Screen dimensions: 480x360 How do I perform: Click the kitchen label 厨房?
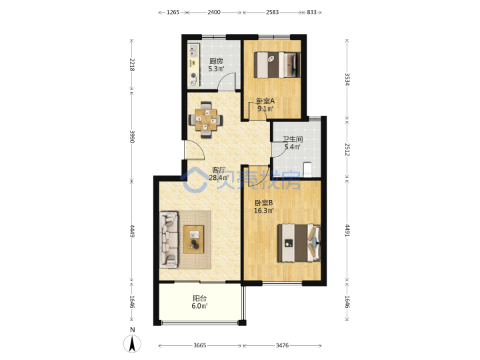216,61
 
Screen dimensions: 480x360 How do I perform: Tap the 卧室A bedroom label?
265,101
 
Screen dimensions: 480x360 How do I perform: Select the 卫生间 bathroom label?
293,139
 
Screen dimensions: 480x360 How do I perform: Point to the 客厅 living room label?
219,170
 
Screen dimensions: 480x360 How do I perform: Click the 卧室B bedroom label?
264,203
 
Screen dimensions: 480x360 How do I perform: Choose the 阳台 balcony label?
199,298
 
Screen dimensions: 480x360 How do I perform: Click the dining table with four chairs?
206,120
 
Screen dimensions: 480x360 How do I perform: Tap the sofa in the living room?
169,239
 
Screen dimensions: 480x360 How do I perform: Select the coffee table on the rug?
194,239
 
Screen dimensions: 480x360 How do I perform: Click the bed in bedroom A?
277,65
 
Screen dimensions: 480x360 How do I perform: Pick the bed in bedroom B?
299,243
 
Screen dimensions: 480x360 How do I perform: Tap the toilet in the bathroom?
307,169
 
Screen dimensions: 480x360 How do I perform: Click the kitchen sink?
193,51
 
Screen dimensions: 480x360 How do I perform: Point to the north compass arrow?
132,343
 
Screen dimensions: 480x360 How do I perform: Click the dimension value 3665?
199,345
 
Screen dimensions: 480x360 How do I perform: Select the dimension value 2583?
272,12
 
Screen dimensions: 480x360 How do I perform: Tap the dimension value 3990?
132,137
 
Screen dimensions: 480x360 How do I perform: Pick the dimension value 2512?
347,149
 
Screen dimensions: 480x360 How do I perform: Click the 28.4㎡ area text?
219,178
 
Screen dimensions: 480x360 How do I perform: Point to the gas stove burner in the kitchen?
193,76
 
